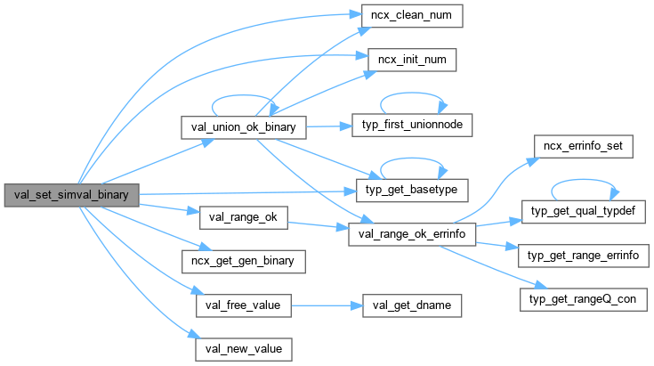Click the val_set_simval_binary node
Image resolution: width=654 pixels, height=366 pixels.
[x=71, y=195]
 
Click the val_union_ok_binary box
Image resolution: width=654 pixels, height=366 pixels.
[x=244, y=128]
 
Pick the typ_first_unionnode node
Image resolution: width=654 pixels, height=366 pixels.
[x=413, y=125]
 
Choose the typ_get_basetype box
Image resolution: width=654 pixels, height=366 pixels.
[x=412, y=190]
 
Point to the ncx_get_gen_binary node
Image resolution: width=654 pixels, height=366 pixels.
[x=243, y=261]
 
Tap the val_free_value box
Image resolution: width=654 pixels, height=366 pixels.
[x=242, y=305]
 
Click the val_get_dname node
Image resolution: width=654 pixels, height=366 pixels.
[x=413, y=305]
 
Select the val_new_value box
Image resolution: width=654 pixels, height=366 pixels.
[x=242, y=347]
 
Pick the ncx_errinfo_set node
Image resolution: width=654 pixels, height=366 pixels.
[x=582, y=147]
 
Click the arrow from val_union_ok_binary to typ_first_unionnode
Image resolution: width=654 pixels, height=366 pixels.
[x=330, y=126]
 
